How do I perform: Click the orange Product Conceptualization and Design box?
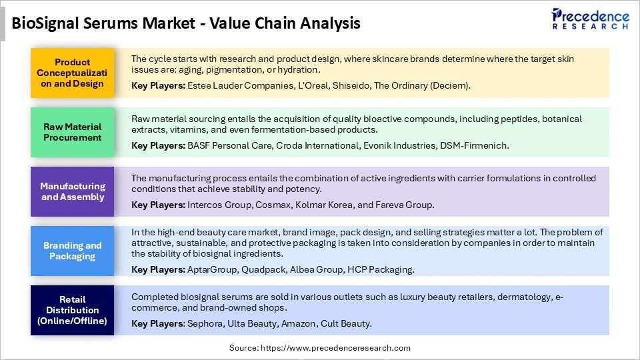click(73, 73)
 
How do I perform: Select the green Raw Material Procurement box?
click(73, 132)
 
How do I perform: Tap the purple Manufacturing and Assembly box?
click(73, 191)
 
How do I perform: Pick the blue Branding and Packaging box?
click(73, 251)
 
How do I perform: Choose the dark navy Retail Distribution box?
click(73, 310)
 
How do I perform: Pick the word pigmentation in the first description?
click(233, 70)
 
